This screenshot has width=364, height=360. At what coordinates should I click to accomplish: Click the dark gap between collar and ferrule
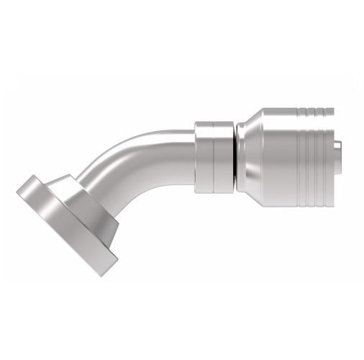coord(235,156)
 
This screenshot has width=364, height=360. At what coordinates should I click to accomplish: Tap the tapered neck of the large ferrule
coord(248,156)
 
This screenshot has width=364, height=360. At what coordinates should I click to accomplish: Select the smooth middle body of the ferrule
coord(277,155)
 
